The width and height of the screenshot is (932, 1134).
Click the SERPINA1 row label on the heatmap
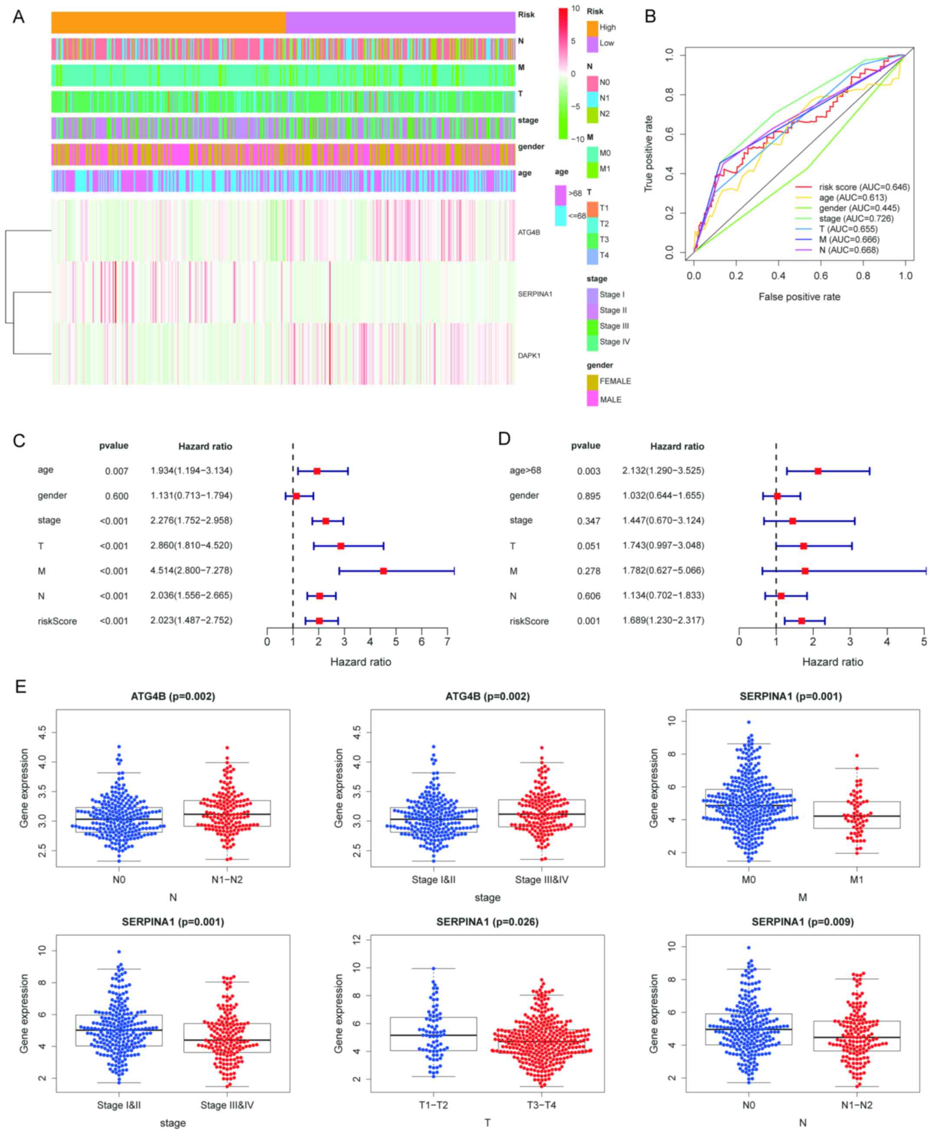(x=535, y=294)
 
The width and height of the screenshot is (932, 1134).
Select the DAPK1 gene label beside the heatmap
(x=529, y=355)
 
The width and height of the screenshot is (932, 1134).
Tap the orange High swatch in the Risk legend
(x=592, y=27)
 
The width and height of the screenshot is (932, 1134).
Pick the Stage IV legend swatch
(x=592, y=342)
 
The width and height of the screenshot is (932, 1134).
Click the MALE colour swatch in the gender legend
(x=592, y=400)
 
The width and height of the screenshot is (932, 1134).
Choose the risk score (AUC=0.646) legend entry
(x=864, y=187)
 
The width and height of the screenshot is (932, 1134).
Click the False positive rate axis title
(x=799, y=297)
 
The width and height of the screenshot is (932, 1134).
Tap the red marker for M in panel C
(x=383, y=571)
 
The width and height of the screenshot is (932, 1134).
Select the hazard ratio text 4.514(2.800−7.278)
(x=191, y=570)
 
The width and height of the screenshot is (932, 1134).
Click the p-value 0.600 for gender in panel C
(x=117, y=496)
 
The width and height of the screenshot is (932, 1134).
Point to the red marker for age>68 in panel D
(x=818, y=471)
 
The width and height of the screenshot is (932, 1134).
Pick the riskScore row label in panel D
(x=529, y=621)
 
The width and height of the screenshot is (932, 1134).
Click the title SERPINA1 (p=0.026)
(x=487, y=922)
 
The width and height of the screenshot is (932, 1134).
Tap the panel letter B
(x=650, y=16)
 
